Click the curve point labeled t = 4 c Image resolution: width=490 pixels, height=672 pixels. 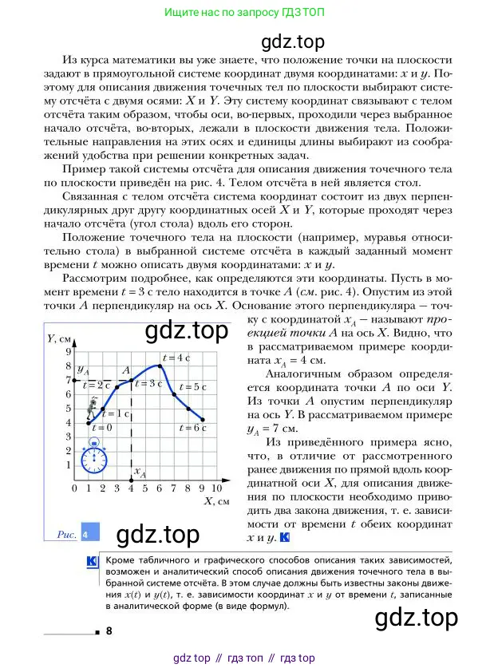tap(160, 366)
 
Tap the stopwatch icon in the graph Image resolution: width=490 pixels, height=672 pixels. tap(94, 459)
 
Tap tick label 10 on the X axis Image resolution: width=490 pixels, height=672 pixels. tap(217, 488)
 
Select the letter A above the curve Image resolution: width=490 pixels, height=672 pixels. tap(125, 370)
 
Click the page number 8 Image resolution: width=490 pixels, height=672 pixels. tap(108, 630)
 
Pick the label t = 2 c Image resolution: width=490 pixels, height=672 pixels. tap(98, 385)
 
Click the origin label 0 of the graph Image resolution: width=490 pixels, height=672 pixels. tap(74, 488)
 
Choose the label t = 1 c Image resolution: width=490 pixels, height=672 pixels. tap(117, 413)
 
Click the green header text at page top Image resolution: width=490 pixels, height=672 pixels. tap(244, 13)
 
